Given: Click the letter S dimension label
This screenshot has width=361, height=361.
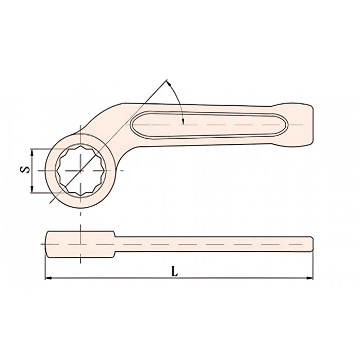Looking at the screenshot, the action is pos(25,170).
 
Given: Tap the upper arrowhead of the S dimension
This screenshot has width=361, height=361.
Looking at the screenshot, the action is pos(32,152).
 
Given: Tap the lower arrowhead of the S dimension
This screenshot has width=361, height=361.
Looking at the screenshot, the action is pos(32,190).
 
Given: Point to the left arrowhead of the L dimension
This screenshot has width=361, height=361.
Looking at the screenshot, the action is pos(48,278).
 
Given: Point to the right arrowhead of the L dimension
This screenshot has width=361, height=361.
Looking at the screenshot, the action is pos(309,278).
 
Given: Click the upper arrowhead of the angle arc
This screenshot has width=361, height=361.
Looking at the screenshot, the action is pos(169,83).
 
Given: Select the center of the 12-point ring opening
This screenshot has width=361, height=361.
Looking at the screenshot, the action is pos(80,171).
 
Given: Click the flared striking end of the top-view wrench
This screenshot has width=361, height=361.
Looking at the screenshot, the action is pos(297,125).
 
